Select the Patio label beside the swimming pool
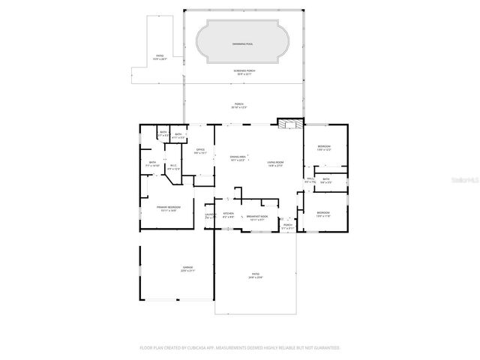[159, 56]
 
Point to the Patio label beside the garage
[256, 275]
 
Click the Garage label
[187, 268]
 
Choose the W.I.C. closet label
[173, 167]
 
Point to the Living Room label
[275, 163]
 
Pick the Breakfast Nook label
[257, 217]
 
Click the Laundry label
[210, 216]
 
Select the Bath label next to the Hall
[326, 180]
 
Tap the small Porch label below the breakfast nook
[287, 226]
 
